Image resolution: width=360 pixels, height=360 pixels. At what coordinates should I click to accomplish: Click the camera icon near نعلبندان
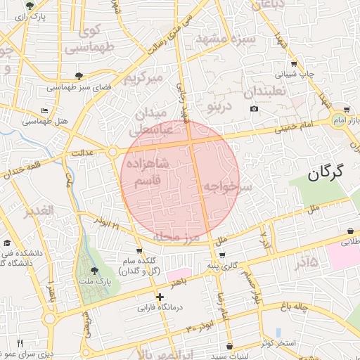(254, 108)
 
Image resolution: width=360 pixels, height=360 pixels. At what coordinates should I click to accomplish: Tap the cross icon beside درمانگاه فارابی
(160, 297)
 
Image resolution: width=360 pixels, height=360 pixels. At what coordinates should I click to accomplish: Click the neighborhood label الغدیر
(39, 211)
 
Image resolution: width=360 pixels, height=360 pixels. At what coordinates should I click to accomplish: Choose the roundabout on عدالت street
(112, 151)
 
